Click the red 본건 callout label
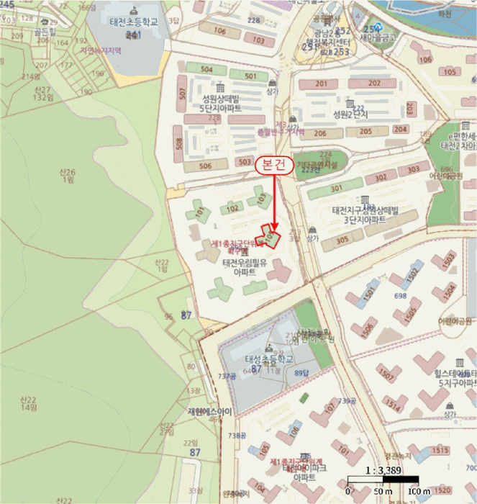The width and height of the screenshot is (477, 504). [275, 165]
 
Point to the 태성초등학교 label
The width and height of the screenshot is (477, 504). [269, 359]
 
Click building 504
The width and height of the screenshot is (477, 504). [206, 69]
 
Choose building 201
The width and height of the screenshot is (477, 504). [321, 84]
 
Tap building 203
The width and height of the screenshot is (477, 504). [409, 109]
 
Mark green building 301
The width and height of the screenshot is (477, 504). [336, 189]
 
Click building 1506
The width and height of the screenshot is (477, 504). [368, 328]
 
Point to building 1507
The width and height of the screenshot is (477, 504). [386, 374]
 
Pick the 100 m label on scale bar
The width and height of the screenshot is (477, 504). [419, 491]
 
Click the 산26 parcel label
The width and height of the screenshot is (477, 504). [68, 175]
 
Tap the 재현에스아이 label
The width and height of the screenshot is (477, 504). [209, 412]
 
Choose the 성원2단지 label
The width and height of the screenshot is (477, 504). [350, 114]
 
